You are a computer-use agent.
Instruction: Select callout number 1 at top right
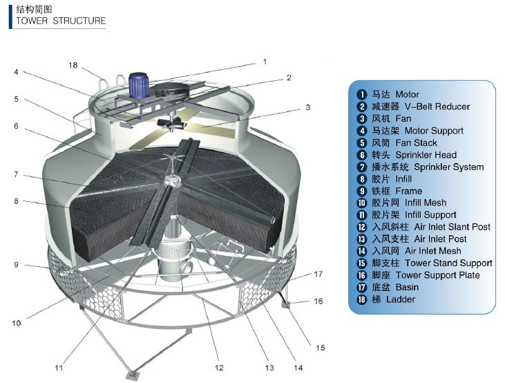click(x=264, y=62)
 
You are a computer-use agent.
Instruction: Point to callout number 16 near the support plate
click(x=318, y=301)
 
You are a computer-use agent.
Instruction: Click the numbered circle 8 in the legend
click(x=361, y=179)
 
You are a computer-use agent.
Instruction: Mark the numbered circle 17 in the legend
click(x=361, y=288)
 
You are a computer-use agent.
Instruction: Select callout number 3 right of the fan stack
click(x=308, y=107)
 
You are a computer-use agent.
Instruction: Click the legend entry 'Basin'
click(x=407, y=287)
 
